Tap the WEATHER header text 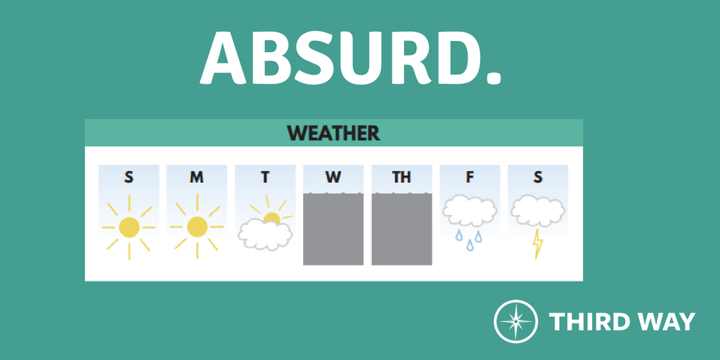coord(333,133)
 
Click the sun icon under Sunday coord(129,227)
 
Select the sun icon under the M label coord(197,227)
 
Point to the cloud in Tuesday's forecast coord(265,234)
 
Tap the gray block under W coord(333,229)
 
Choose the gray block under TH coord(401,229)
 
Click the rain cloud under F coord(470,211)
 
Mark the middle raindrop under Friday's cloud coord(470,245)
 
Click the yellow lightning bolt coord(538,244)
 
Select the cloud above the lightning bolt coord(538,211)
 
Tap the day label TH coord(401,177)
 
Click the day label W coord(333,177)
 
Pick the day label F coord(470,177)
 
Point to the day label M coord(197,177)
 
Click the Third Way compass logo coord(515,321)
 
